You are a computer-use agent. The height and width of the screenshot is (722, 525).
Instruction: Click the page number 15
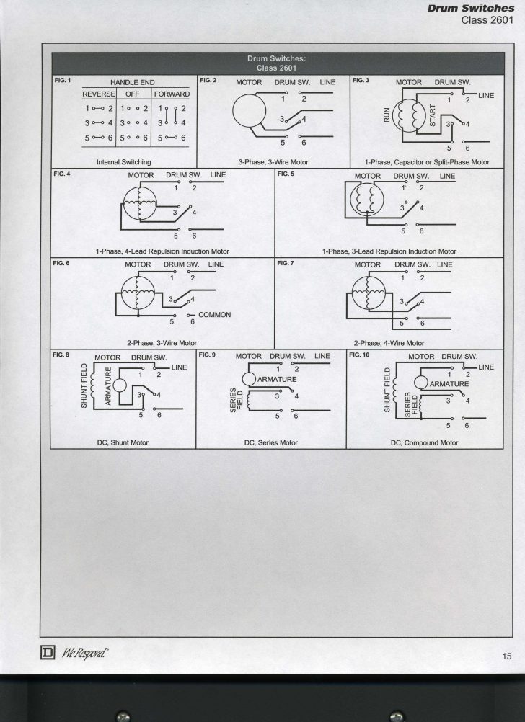click(x=507, y=655)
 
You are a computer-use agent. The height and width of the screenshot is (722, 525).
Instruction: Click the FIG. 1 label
click(x=63, y=79)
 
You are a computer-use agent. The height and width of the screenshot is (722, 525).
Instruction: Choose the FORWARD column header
click(x=171, y=94)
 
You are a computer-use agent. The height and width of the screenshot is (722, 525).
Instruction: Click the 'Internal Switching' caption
click(x=123, y=162)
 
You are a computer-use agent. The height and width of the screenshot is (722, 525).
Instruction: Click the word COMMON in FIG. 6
click(x=214, y=315)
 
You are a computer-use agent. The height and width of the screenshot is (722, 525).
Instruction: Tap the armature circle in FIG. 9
click(x=249, y=379)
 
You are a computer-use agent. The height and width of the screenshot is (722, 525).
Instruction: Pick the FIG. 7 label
click(x=286, y=263)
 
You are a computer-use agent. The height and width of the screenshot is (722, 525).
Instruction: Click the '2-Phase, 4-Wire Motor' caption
click(x=388, y=343)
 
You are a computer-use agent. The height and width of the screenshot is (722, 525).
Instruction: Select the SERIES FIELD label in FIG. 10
click(x=411, y=405)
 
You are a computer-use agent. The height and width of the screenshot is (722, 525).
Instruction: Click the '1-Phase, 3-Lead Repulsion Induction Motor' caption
click(x=389, y=251)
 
